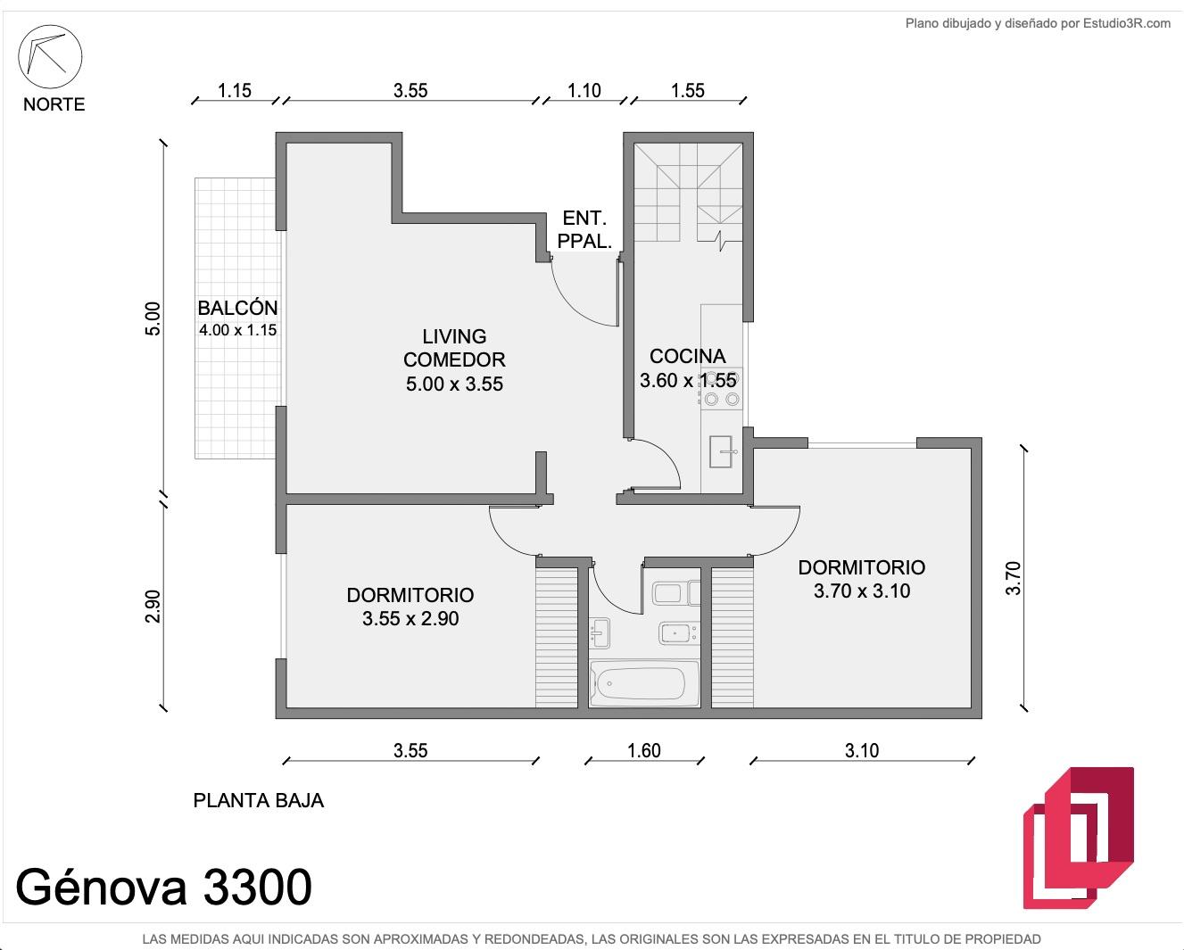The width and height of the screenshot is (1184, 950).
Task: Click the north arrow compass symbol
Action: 50,56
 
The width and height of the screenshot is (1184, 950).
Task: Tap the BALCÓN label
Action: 237,308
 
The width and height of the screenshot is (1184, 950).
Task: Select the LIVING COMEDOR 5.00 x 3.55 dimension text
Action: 454,384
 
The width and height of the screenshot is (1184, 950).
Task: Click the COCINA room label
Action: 688,357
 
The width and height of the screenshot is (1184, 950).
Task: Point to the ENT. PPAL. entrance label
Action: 584,230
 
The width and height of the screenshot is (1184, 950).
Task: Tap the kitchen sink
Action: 721,451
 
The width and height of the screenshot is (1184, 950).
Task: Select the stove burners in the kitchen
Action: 721,388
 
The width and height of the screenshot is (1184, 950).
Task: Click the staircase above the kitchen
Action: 688,193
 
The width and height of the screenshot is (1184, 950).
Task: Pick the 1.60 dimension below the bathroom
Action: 643,750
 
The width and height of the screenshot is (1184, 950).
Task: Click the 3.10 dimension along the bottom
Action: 862,750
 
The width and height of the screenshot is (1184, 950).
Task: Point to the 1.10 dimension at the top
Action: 584,90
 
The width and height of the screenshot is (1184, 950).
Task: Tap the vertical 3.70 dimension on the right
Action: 1013,578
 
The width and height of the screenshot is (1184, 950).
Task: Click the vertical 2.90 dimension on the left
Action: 153,607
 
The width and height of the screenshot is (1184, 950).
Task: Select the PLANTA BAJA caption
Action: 259,800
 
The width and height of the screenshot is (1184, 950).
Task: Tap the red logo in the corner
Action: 1079,838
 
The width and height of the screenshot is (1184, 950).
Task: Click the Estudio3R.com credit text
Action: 1127,24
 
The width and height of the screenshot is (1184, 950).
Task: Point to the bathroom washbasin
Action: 600,633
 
